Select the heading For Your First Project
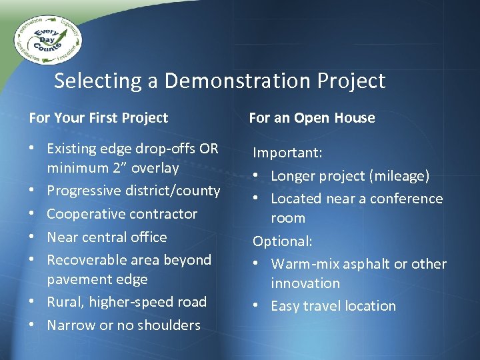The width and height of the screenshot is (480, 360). (99, 118)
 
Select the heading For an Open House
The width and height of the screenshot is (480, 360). (311, 118)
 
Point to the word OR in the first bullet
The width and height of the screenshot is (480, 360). (208, 148)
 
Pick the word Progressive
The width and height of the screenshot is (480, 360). (83, 191)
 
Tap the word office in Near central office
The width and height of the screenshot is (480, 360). (149, 237)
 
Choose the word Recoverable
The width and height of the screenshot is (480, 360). (87, 259)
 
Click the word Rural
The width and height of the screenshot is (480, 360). (63, 302)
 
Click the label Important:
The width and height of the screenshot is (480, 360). (287, 153)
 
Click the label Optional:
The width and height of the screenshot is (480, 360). (282, 241)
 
